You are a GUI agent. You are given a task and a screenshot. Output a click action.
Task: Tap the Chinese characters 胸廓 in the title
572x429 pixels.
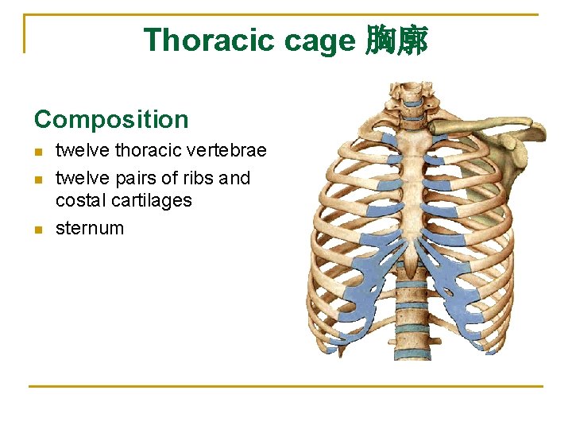(x=396, y=40)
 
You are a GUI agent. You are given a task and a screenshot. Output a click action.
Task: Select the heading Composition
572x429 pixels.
(x=111, y=120)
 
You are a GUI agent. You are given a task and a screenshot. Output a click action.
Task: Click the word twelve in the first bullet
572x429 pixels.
(x=83, y=150)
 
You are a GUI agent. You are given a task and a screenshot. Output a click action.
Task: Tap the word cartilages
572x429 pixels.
(x=153, y=200)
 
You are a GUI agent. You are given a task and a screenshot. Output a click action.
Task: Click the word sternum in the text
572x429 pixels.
(x=90, y=228)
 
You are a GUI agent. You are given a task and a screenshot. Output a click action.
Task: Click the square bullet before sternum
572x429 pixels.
(x=37, y=230)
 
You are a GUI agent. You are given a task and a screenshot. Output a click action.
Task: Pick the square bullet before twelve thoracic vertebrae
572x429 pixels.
(x=37, y=151)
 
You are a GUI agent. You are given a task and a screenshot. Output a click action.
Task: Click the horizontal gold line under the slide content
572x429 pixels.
(x=286, y=387)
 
